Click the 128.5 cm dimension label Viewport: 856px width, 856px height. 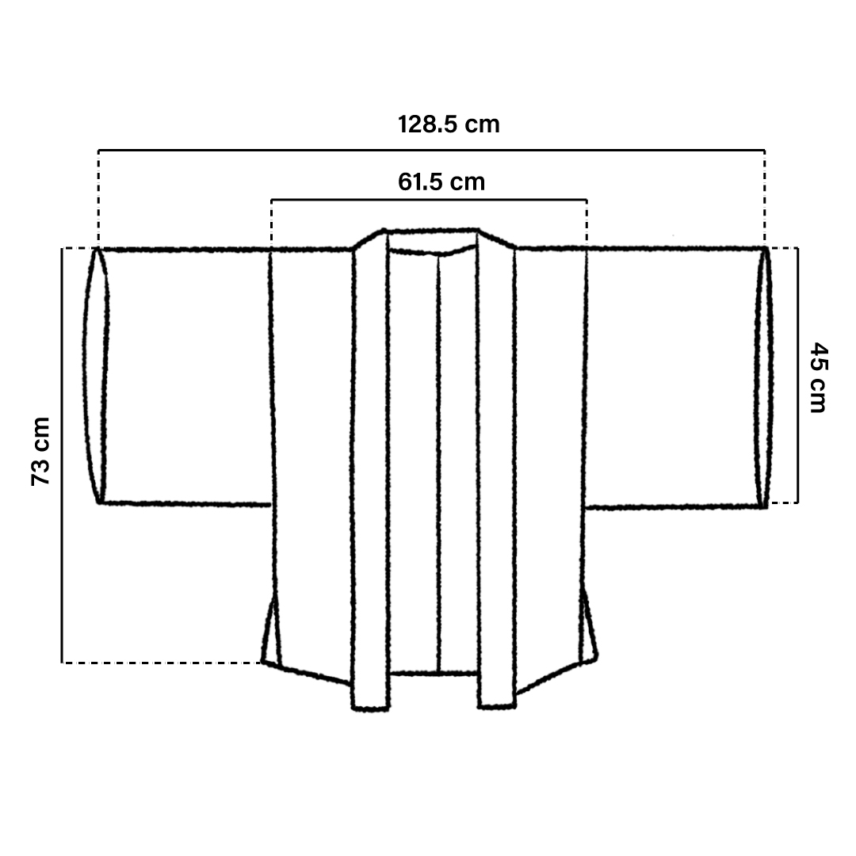click(448, 124)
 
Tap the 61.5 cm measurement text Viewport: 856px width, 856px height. click(441, 182)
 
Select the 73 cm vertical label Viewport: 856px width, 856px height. click(41, 451)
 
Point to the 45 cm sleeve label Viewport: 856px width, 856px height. click(818, 377)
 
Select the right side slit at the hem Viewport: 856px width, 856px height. click(587, 628)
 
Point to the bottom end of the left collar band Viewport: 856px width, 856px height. click(371, 708)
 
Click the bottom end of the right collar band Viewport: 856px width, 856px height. click(497, 706)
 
